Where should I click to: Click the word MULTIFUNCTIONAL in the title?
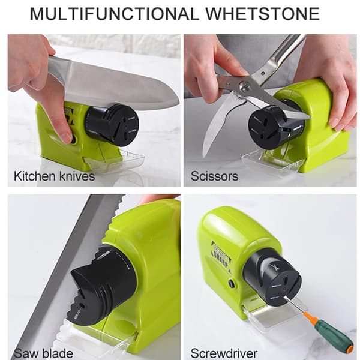[x=114, y=14]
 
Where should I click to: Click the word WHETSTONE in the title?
[x=263, y=14]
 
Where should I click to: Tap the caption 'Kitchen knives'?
[x=55, y=176]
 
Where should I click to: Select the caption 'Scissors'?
[x=214, y=176]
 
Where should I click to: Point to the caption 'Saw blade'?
[x=43, y=353]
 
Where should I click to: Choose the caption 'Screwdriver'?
[x=224, y=353]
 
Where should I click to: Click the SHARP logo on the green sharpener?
[x=221, y=257]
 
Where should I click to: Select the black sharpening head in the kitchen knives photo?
[x=113, y=125]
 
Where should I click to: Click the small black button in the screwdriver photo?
[x=232, y=284]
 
